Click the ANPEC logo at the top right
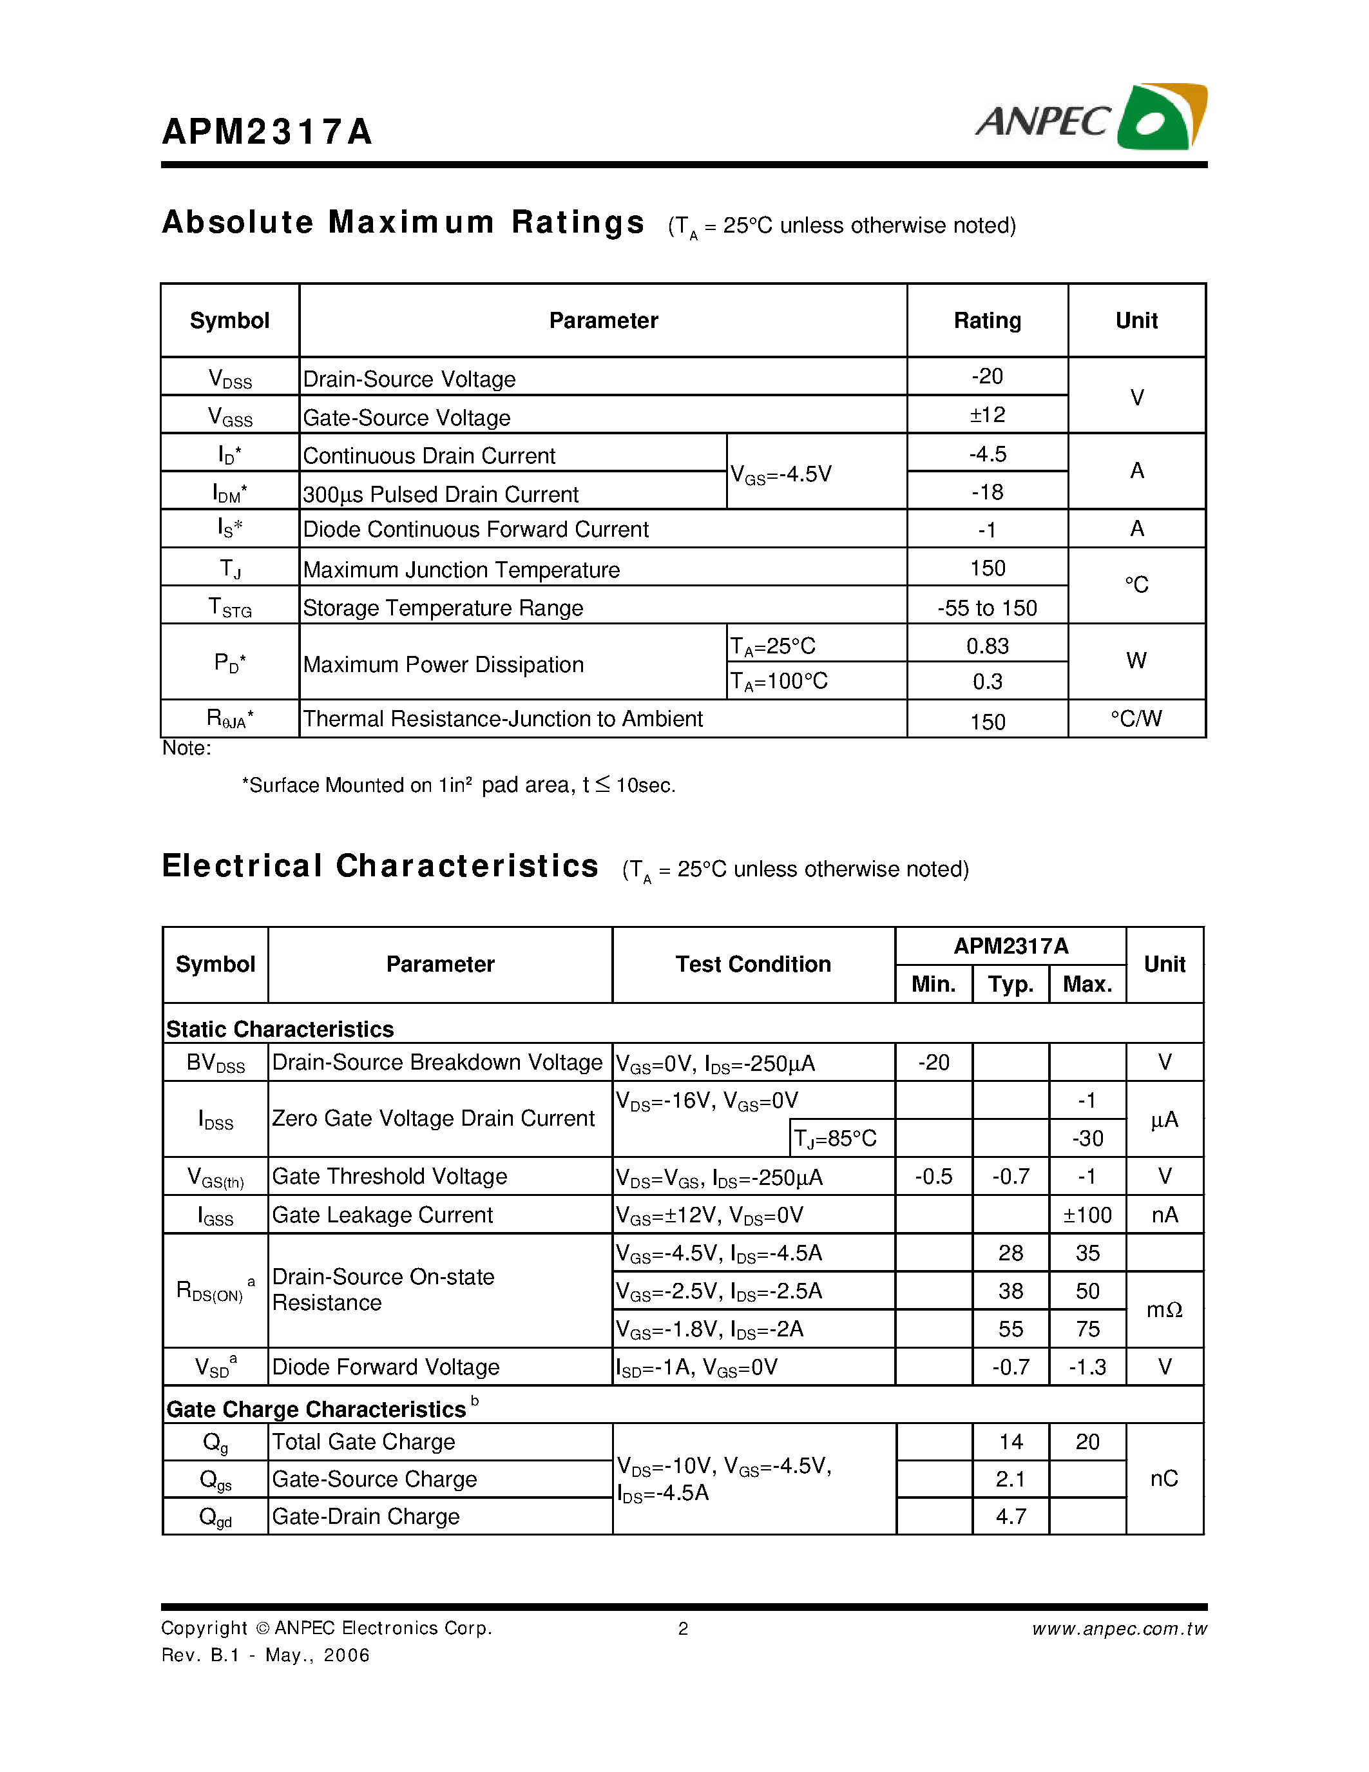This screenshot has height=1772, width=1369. click(x=1091, y=119)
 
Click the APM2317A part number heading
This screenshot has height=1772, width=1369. click(x=267, y=132)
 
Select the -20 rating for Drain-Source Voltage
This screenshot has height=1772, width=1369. click(x=987, y=376)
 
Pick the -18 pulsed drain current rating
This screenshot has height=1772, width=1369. click(x=987, y=492)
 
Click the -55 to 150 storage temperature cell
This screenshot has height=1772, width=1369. click(x=987, y=608)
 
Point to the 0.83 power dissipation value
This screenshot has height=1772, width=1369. click(x=987, y=646)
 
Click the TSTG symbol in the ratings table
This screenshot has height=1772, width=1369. click(x=231, y=608)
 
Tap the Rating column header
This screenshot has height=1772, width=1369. click(x=987, y=320)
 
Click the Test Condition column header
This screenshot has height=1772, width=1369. click(x=752, y=964)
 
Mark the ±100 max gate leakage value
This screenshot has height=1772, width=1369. click(x=1087, y=1215)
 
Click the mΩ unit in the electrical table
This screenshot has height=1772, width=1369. click(x=1164, y=1309)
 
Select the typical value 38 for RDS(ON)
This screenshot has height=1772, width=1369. click(x=1011, y=1291)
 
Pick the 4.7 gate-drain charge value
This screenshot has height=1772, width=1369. click(x=1011, y=1516)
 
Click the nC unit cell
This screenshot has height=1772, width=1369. click(x=1164, y=1478)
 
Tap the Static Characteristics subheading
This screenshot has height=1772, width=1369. click(x=280, y=1029)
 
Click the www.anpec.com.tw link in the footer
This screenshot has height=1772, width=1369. click(x=1119, y=1628)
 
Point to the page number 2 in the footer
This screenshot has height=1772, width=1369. click(x=683, y=1628)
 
